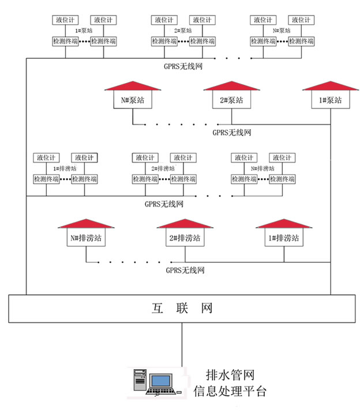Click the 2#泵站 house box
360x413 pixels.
(x=231, y=100)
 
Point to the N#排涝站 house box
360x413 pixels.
(x=86, y=238)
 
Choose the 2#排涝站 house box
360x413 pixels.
(x=185, y=238)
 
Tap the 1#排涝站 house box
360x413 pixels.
(x=283, y=238)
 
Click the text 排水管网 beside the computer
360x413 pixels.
(x=230, y=375)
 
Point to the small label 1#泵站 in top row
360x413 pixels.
(x=84, y=31)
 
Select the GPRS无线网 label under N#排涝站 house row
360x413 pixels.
(x=185, y=269)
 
